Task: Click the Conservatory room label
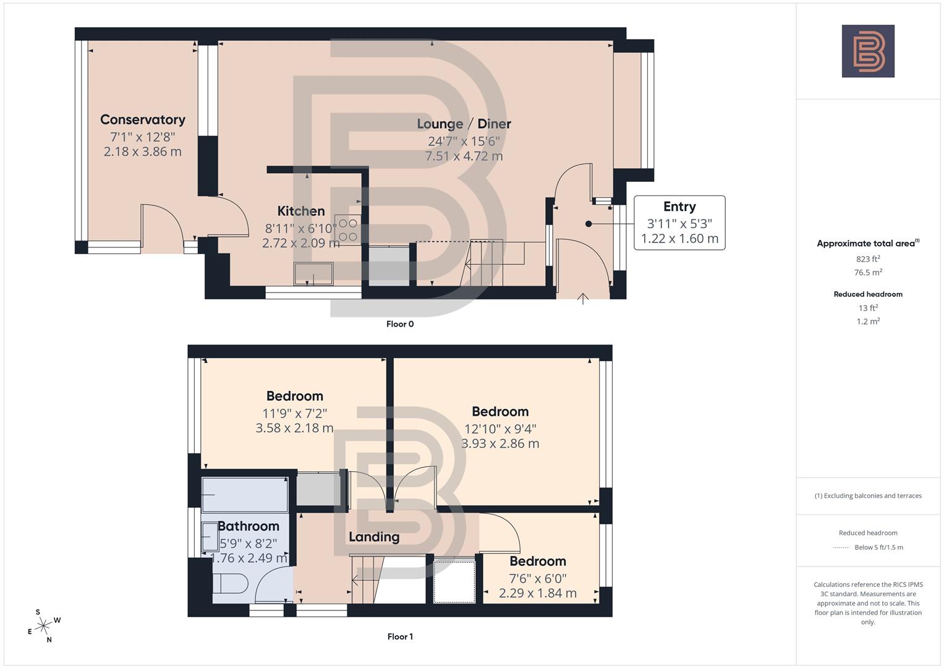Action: [142, 119]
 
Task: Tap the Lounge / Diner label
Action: [464, 124]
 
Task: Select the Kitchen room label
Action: [300, 211]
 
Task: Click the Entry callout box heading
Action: [679, 207]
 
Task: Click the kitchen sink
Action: [313, 274]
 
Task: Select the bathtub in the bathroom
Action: [245, 494]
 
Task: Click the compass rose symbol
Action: [43, 626]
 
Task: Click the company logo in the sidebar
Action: [868, 51]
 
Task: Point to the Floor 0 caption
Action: [400, 324]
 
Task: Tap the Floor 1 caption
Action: [400, 636]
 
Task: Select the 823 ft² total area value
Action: [868, 259]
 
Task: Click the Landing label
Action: [374, 537]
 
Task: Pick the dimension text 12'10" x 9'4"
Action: [500, 429]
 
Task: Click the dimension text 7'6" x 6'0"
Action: [537, 578]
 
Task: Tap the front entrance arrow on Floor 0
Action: [582, 299]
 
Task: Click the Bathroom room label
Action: [249, 526]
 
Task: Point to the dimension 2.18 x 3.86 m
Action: [142, 152]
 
